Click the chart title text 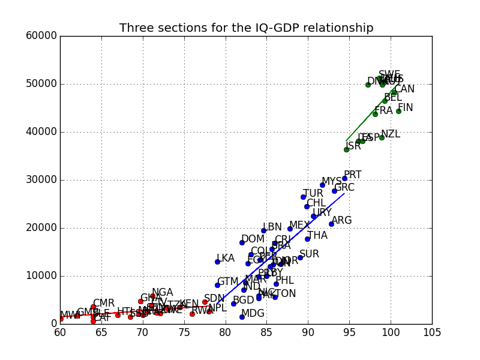point(246,28)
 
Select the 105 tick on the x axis point(432,332)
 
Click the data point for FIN point(398,111)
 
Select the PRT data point point(344,178)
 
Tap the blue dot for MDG point(242,317)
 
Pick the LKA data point point(217,262)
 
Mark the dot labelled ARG point(331,224)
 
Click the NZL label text point(391,134)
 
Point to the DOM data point point(242,242)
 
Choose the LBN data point point(263,230)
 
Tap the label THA point(317,236)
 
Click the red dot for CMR point(93,307)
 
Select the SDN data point point(205,302)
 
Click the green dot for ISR point(346,149)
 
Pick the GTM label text point(228,281)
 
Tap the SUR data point point(300,257)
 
